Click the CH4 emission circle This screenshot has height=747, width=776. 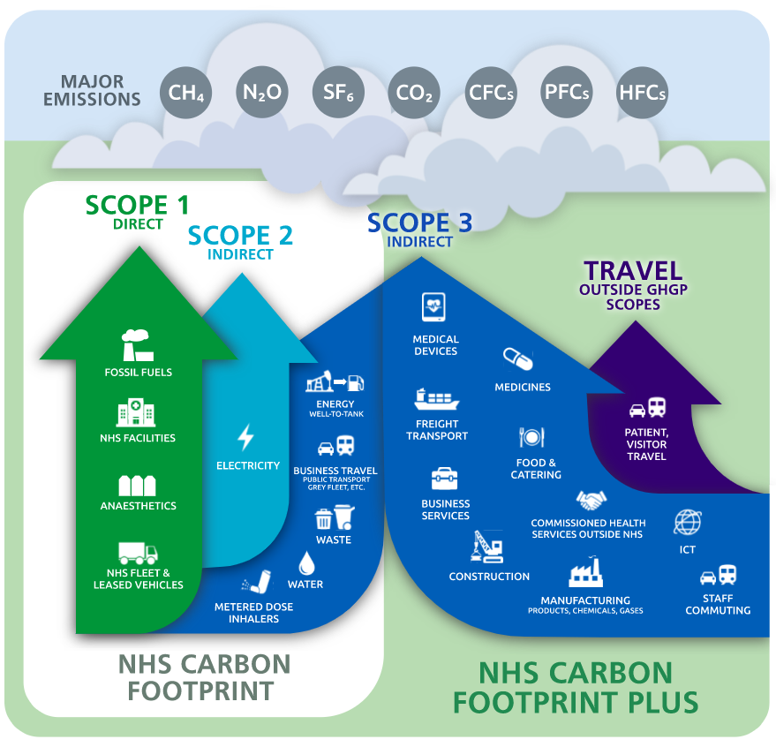pos(186,91)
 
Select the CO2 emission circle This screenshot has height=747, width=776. pos(414,92)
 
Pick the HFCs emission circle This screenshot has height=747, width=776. pos(642,92)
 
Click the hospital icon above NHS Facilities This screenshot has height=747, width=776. pos(136,413)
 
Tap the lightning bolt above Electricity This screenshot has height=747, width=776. pos(246,437)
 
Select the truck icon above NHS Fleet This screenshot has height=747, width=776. pos(138,552)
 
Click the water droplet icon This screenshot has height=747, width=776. pos(305,562)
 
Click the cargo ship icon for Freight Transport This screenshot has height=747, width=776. pos(436,399)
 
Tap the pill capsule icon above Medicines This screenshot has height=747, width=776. pos(518,358)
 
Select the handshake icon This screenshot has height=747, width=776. pos(591,501)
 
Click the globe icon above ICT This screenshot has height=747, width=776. pos(687,522)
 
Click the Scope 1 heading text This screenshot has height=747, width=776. pos(138,206)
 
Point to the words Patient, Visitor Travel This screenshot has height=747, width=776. pos(647,444)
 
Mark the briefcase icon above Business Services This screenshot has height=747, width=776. pos(444,478)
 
